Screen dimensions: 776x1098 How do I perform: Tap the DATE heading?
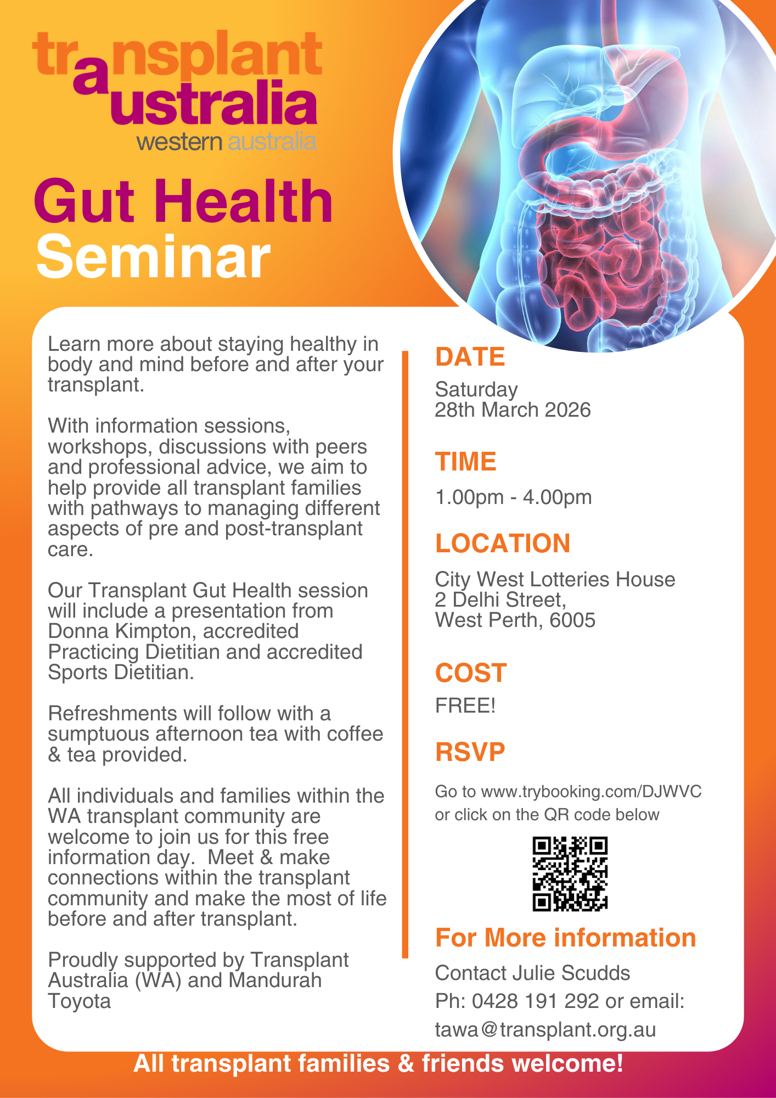tap(470, 357)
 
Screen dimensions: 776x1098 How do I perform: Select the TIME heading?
tap(465, 462)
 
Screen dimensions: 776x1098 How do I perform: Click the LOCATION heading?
tap(503, 544)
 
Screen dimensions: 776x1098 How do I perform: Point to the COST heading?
tap(471, 673)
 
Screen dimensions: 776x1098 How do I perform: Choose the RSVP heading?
tap(470, 752)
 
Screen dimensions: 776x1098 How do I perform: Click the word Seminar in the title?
tap(154, 257)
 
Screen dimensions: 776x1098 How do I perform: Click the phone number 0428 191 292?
tap(535, 1001)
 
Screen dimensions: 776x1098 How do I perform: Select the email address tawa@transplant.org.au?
tap(546, 1030)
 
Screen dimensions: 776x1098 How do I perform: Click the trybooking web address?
tap(591, 792)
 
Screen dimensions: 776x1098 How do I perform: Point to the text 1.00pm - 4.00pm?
tap(513, 497)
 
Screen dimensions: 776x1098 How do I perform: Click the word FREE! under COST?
tap(465, 705)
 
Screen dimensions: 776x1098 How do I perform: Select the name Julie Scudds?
tap(571, 973)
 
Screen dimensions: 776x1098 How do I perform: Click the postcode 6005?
tap(572, 620)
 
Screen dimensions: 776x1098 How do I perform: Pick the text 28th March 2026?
tap(513, 410)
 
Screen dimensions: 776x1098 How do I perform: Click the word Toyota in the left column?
tap(80, 1001)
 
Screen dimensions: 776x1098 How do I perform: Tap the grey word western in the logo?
tap(179, 142)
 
